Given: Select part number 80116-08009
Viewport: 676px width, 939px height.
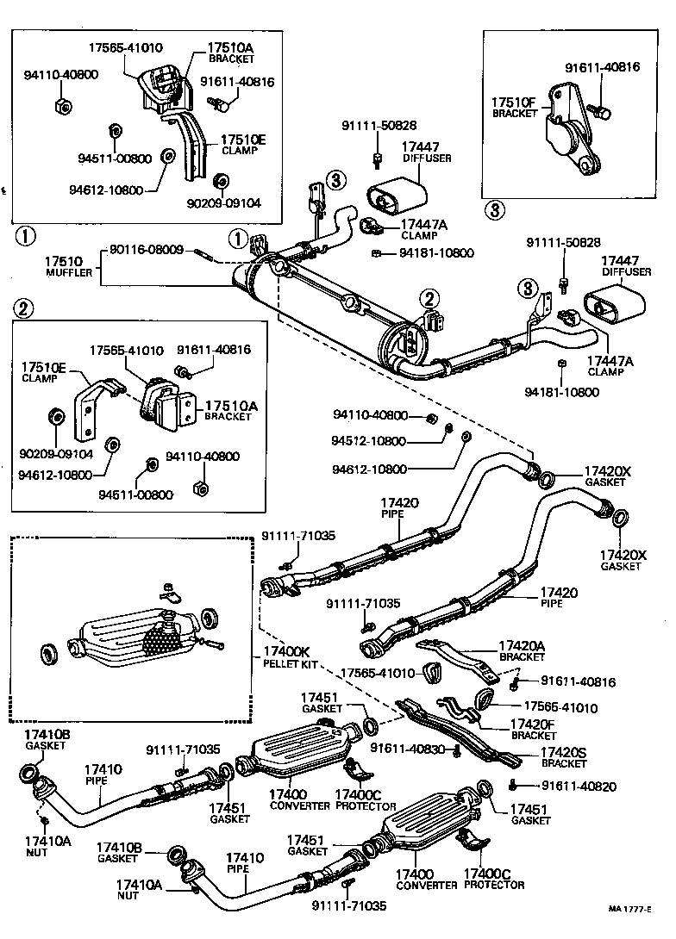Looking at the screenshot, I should click(x=146, y=250).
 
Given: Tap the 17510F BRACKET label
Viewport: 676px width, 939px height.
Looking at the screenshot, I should click(x=514, y=107).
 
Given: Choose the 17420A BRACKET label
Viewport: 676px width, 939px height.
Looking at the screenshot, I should click(x=522, y=650).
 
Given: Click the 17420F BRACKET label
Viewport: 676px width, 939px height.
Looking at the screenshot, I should click(x=534, y=729).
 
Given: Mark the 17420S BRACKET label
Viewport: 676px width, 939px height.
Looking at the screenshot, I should click(x=563, y=757).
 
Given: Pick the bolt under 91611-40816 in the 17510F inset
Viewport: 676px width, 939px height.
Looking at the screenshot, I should click(x=603, y=110).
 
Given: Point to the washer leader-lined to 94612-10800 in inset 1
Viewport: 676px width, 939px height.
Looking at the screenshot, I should click(x=168, y=156).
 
